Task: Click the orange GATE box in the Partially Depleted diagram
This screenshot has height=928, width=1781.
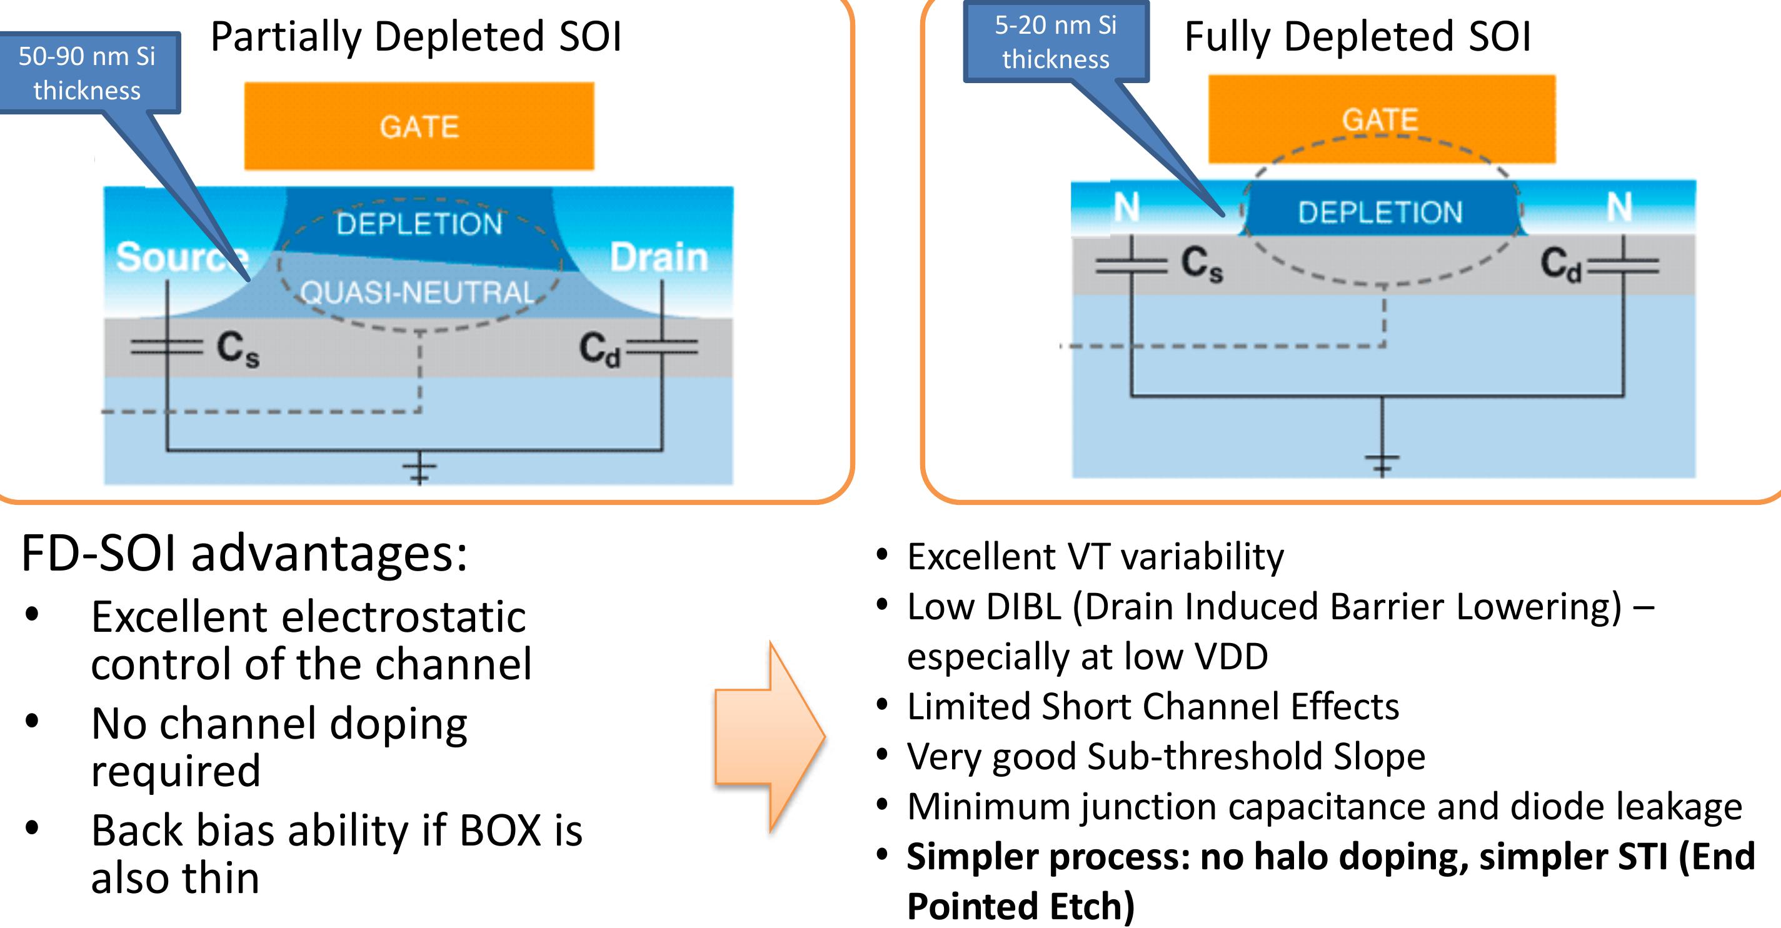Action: point(419,126)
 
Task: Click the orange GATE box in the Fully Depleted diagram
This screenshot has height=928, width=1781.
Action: point(1382,119)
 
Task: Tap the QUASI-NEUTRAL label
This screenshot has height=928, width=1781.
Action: point(418,292)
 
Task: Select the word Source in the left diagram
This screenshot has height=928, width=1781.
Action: point(181,257)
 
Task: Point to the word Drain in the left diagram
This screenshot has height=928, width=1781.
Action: point(659,257)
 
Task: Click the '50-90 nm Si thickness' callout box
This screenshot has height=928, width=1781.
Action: point(88,73)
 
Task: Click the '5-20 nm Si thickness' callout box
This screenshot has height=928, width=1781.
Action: point(1055,42)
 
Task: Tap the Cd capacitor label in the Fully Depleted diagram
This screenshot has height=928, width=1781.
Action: point(1561,264)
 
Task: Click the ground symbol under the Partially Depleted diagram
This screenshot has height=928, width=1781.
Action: point(419,471)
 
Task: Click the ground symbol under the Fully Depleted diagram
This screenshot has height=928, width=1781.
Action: point(1382,464)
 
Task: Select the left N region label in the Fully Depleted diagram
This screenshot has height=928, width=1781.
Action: point(1126,207)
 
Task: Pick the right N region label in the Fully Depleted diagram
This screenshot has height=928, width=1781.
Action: point(1619,207)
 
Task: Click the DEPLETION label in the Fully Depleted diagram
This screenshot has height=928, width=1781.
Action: point(1380,212)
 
